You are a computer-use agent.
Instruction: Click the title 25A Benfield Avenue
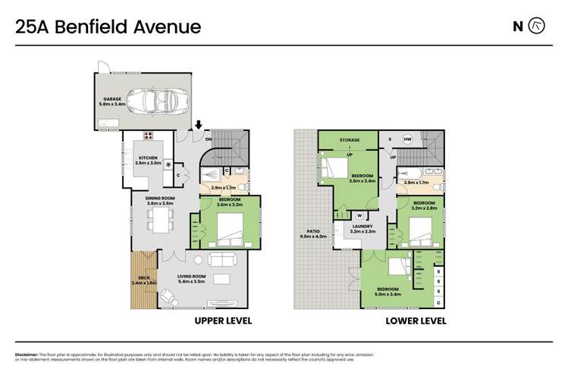coord(108,27)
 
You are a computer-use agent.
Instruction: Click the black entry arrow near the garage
coord(199,125)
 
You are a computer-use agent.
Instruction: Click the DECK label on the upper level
coord(143,278)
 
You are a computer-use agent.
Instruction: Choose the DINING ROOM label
coord(160,199)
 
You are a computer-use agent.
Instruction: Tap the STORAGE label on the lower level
coord(348,140)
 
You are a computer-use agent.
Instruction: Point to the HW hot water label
coord(407,140)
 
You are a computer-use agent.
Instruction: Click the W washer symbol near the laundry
coord(359,215)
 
